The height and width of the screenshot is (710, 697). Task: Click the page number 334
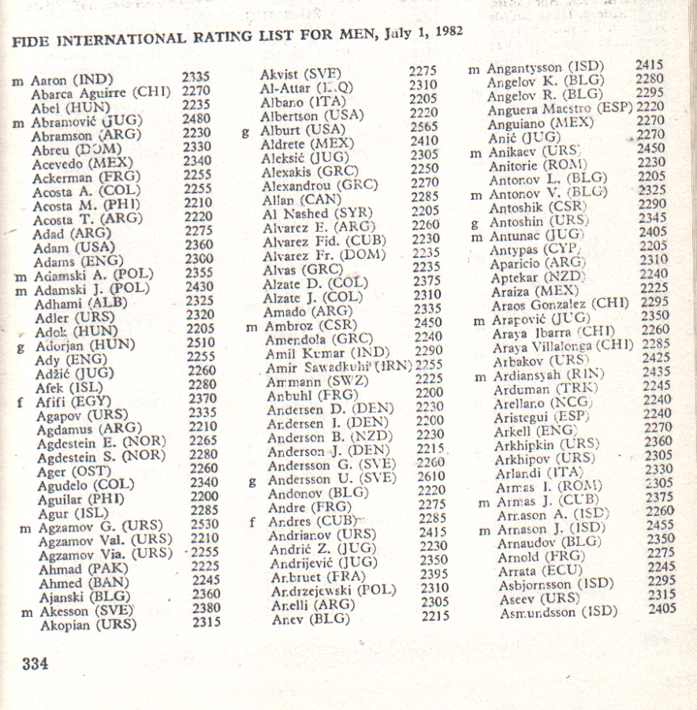[x=35, y=663]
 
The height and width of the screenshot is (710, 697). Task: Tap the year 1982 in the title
[x=444, y=32]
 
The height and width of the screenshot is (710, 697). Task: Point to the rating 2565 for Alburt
[x=423, y=127]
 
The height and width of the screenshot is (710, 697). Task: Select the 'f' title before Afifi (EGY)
[x=19, y=402]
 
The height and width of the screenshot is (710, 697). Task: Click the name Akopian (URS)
[x=88, y=626]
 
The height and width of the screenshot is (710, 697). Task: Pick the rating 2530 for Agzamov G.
[x=204, y=525]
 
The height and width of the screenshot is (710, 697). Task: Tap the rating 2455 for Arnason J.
[x=661, y=524]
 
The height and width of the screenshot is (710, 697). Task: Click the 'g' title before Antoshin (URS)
[x=474, y=223]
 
